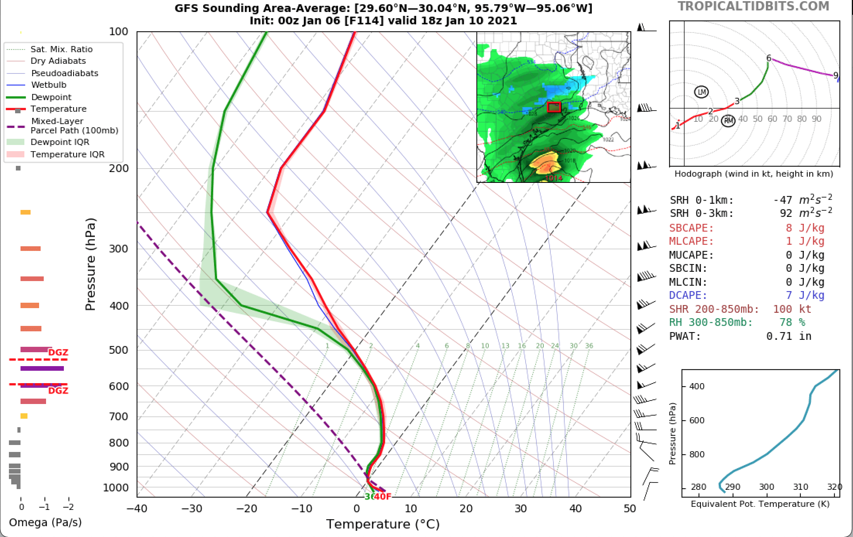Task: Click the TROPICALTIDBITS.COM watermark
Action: tap(753, 7)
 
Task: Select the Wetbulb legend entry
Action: tap(49, 85)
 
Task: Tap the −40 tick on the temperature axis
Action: tap(137, 508)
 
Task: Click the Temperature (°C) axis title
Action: tap(383, 524)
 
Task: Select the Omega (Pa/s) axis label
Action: tap(45, 523)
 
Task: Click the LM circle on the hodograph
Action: tap(701, 92)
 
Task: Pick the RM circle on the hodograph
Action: tap(729, 121)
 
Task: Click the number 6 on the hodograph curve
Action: tap(769, 58)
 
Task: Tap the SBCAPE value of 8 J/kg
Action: tap(805, 228)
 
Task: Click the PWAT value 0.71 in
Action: tap(789, 336)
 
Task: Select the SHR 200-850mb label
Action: tap(714, 309)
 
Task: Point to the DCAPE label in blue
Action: tap(688, 295)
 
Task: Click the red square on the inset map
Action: tap(554, 107)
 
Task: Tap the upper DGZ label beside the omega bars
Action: tap(58, 352)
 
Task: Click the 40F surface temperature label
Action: tap(383, 496)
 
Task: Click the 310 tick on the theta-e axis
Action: tap(800, 487)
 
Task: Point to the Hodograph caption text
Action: tap(754, 174)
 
